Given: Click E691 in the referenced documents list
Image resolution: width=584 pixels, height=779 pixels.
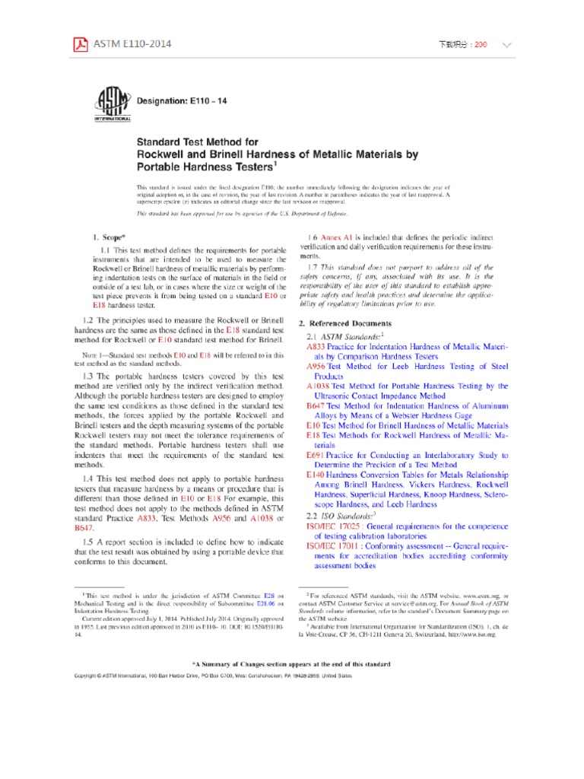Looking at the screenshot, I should coord(316,454).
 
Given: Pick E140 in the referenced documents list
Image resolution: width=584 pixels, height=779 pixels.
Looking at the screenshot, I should coord(316,474).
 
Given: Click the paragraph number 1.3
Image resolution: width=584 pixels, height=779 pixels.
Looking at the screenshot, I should coord(107,377).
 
